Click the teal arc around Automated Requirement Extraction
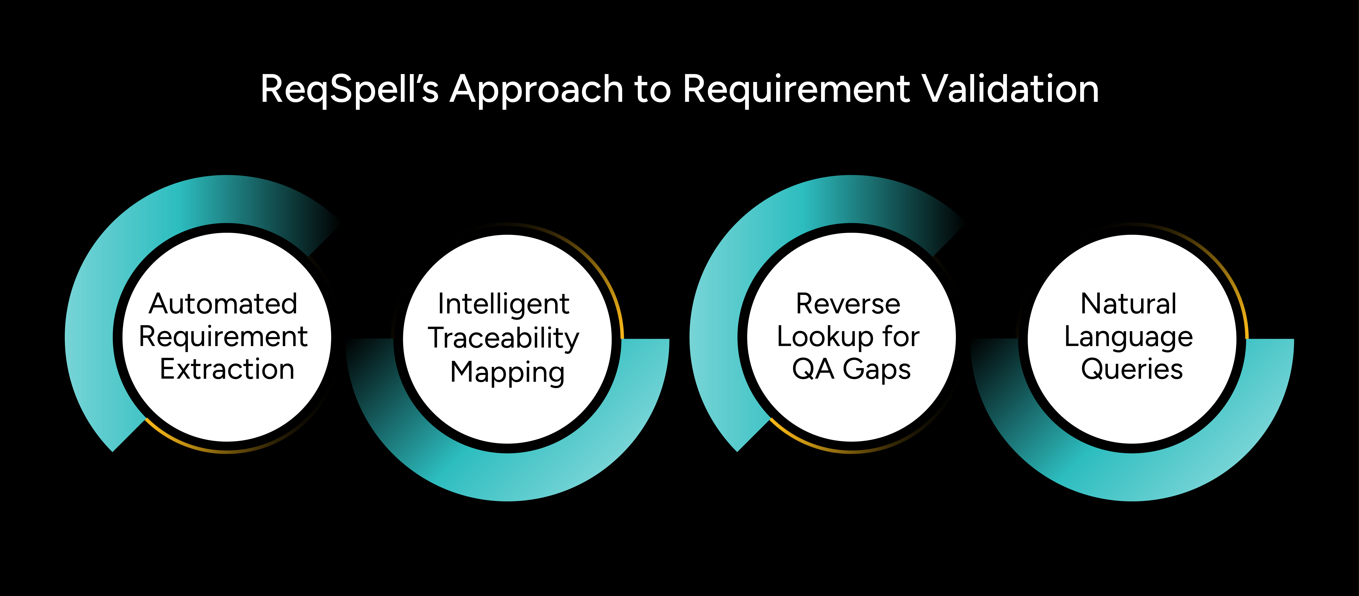click(x=90, y=338)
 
